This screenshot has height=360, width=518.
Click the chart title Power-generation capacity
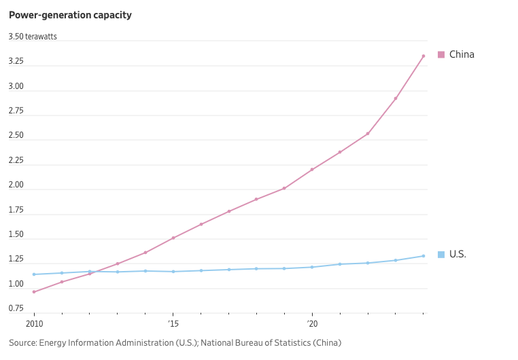[x=70, y=15]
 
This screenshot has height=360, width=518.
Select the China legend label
[x=462, y=54]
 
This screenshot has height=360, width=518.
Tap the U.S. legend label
[x=457, y=254]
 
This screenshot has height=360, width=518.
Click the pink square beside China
[x=441, y=54]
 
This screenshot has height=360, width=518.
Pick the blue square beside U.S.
[x=441, y=255]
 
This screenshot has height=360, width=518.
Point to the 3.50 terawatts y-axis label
[x=33, y=37]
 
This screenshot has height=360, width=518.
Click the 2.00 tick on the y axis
[x=16, y=185]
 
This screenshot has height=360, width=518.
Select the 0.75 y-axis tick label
[x=16, y=308]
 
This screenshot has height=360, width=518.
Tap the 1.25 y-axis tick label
[x=16, y=259]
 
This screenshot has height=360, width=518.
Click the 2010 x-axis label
[x=34, y=324]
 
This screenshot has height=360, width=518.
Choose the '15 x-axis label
[x=173, y=324]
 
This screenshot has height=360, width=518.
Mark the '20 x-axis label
[x=312, y=324]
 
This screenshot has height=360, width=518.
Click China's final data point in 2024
[x=424, y=56]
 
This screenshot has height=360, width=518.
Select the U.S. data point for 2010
[x=34, y=274]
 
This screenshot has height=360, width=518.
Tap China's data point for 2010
[x=34, y=292]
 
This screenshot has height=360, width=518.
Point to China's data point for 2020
[x=312, y=169]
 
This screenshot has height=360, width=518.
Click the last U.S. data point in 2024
[x=424, y=256]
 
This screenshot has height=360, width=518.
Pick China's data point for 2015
[x=173, y=238]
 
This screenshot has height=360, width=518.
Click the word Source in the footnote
[x=22, y=343]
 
